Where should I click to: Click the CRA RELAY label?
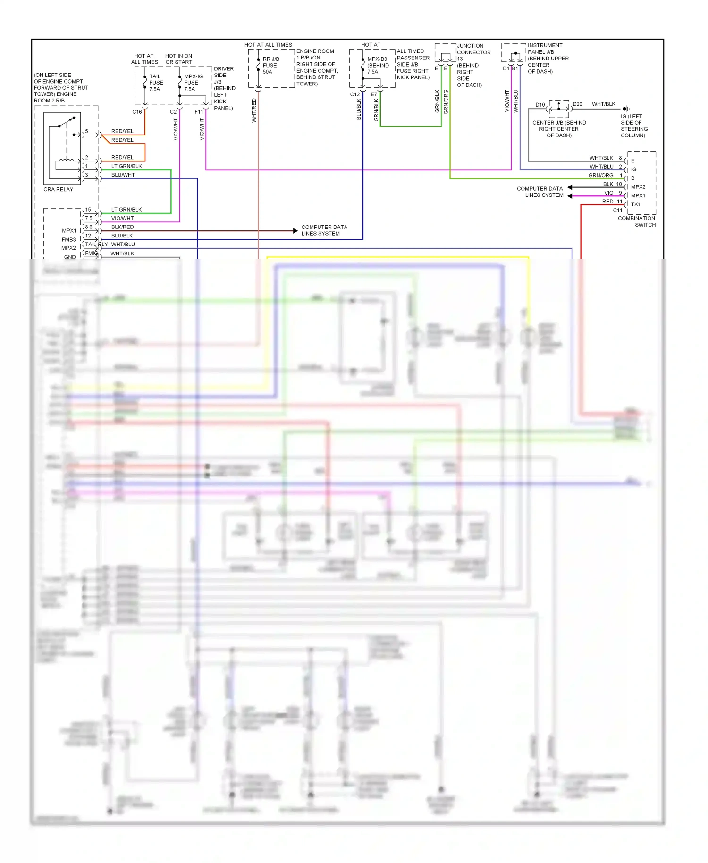58,189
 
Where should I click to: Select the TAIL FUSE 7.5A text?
156,83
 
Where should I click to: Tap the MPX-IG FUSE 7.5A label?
193,83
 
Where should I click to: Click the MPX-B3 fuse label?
378,65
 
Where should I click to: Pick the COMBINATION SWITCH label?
637,221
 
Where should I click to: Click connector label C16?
137,112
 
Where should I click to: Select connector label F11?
199,112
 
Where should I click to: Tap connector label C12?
354,94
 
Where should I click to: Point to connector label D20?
577,104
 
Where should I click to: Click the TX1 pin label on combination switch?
636,204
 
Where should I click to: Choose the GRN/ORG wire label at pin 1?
600,175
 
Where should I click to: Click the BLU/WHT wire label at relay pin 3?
123,175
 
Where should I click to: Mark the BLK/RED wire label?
122,227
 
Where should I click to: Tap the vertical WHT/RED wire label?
254,110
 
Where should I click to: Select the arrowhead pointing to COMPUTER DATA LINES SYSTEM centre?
295,231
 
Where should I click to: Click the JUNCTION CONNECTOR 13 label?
473,52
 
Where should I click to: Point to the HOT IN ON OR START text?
178,59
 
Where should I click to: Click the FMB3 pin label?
68,240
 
